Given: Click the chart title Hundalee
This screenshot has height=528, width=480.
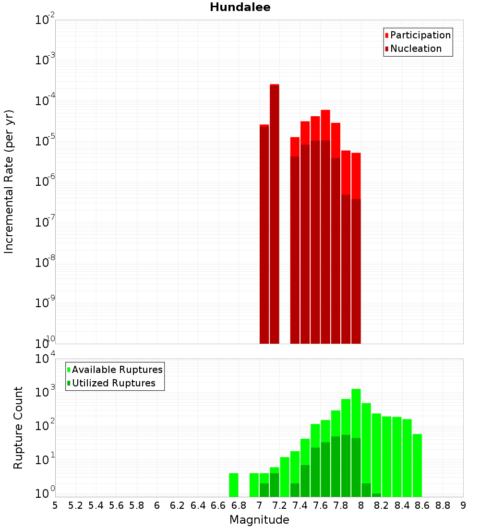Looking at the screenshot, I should (240, 7).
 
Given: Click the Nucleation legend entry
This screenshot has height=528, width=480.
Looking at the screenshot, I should (416, 48).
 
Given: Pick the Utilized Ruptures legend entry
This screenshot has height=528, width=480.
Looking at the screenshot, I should (113, 383).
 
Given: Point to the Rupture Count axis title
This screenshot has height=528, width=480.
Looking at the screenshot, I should (18, 428).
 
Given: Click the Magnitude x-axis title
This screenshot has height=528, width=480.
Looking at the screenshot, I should (259, 520).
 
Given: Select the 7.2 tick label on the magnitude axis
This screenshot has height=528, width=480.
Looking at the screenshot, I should (280, 505).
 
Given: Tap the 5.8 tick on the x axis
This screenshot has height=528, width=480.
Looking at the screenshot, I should (137, 505).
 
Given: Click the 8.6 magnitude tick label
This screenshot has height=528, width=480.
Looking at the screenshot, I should (422, 505).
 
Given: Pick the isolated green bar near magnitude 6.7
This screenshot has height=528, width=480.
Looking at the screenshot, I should (234, 485).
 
